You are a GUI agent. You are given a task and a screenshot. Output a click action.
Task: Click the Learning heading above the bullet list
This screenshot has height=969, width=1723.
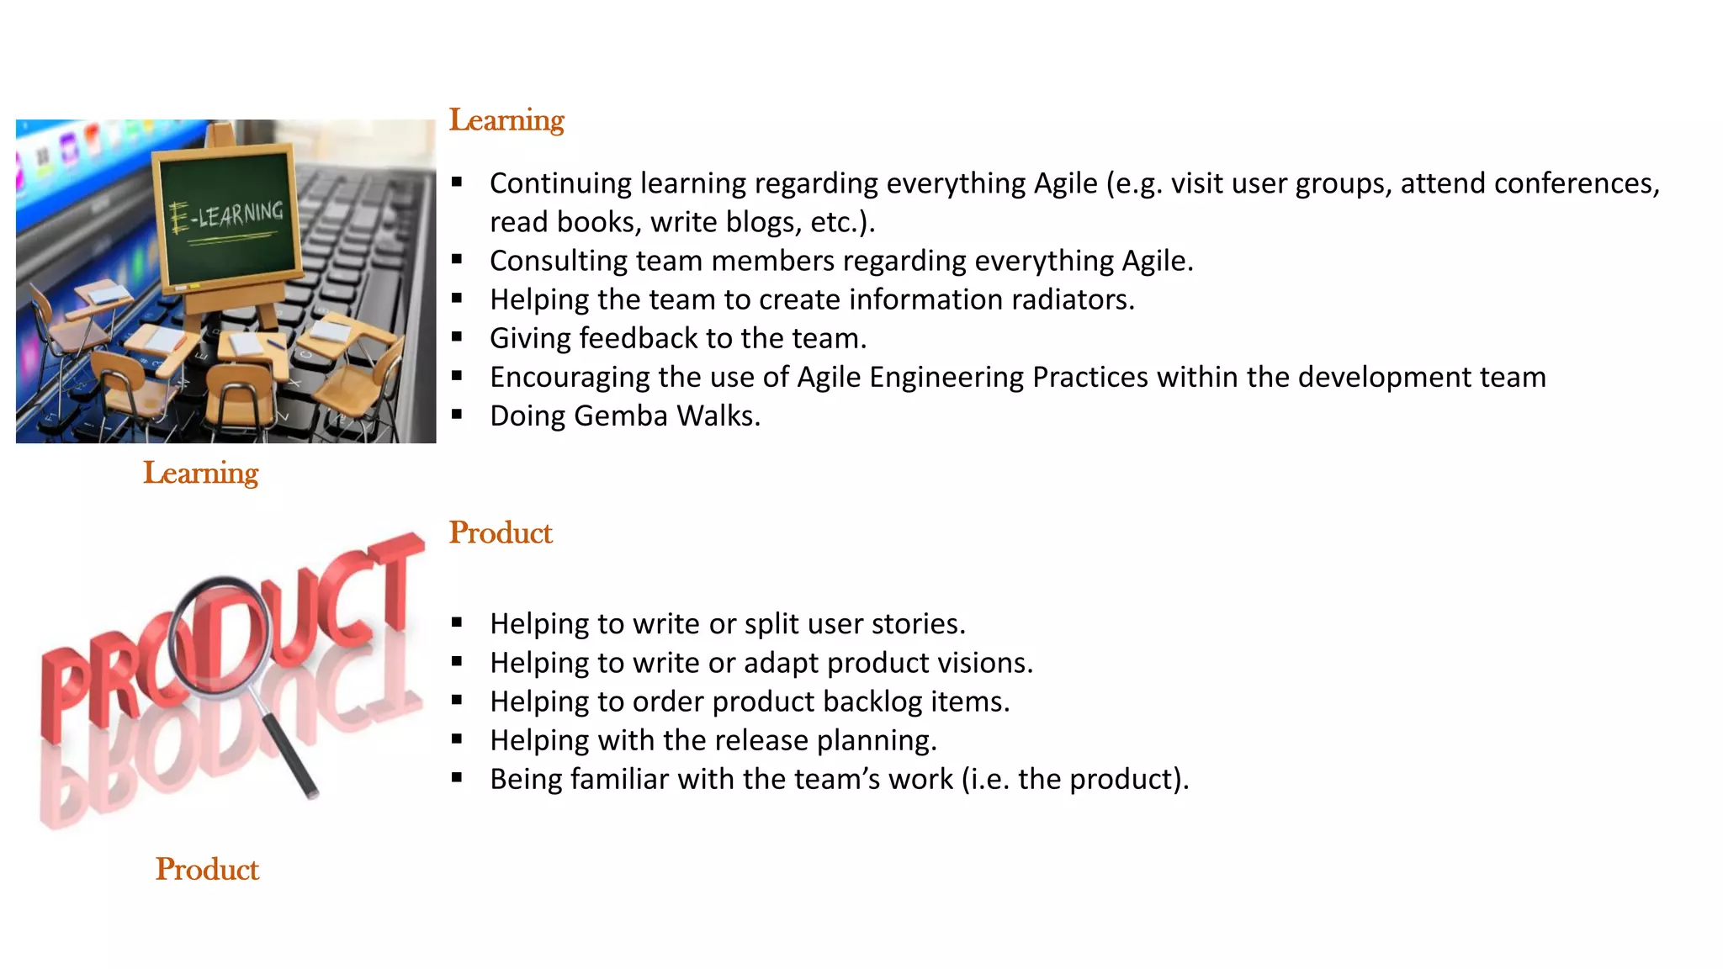pos(506,120)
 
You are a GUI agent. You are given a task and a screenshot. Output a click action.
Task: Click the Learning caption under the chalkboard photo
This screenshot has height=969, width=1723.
pos(200,473)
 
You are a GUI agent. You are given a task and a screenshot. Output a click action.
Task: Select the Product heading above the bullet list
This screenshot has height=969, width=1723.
pos(501,533)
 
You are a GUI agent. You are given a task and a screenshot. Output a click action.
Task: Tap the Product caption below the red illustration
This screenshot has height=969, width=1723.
pos(207,870)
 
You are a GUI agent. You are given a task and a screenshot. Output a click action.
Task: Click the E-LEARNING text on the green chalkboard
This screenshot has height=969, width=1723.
pos(227,215)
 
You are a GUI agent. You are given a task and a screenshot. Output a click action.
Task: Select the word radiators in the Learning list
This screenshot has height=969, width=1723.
pos(1068,299)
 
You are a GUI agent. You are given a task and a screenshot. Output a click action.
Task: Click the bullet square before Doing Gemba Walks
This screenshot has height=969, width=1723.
pos(457,414)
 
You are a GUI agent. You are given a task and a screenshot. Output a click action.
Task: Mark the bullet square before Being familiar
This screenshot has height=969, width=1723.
pos(457,777)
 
